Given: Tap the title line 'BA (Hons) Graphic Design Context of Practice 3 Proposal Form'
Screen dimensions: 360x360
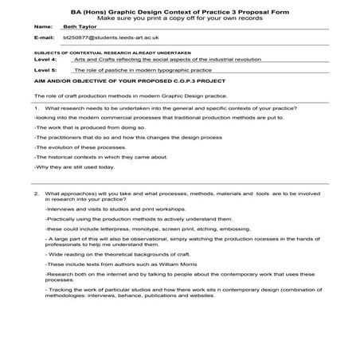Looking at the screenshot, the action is coord(181,6).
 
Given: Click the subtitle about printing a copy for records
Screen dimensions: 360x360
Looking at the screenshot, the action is coord(181,14).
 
